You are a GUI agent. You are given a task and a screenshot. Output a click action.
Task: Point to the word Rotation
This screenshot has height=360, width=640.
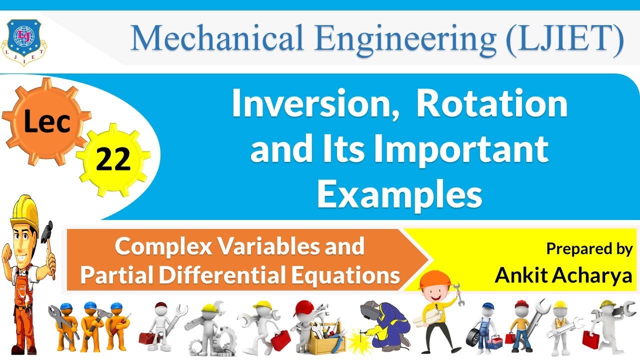pos(492,105)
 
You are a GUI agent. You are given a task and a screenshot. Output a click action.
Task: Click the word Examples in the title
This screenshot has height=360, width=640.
pos(399,194)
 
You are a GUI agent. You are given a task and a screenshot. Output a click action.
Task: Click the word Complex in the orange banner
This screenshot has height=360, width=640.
pos(165,246)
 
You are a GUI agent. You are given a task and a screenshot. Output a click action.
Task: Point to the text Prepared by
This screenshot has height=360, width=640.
pos(589,248)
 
